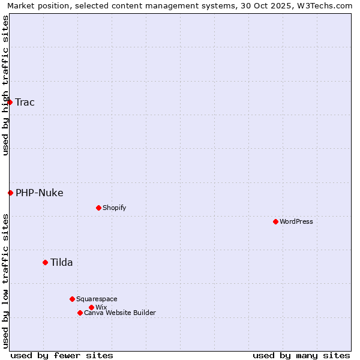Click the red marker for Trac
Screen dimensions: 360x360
10,102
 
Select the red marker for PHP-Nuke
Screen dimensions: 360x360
10,193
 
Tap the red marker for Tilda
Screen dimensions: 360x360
45,262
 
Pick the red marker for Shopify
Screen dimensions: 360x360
98,208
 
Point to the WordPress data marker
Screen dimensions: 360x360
275,221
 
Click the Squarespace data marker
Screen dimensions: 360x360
72,299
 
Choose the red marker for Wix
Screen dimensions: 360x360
91,307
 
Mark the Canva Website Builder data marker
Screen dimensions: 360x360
80,313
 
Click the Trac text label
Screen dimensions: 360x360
25,102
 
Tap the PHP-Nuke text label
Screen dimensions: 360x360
40,193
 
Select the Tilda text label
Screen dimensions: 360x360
62,262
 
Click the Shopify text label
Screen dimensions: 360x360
115,208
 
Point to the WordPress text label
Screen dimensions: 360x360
296,221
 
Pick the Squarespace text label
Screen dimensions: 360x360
97,299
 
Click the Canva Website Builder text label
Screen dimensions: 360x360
120,313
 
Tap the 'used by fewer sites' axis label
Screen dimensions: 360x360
62,355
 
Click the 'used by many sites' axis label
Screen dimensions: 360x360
301,355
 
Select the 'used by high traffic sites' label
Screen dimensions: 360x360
5,85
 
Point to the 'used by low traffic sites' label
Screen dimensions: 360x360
5,281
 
